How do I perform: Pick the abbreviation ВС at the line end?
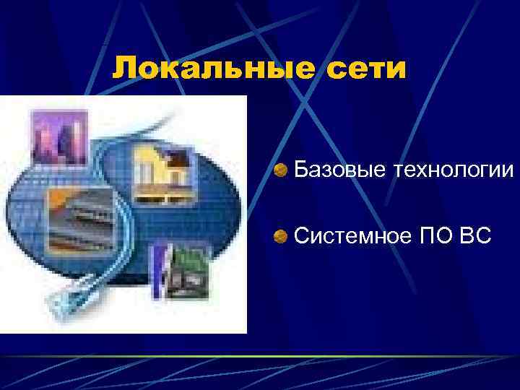tap(474, 235)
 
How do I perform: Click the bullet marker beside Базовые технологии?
tap(281, 170)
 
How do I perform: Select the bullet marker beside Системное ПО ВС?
tap(281, 235)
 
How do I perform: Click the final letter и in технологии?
tap(508, 170)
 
